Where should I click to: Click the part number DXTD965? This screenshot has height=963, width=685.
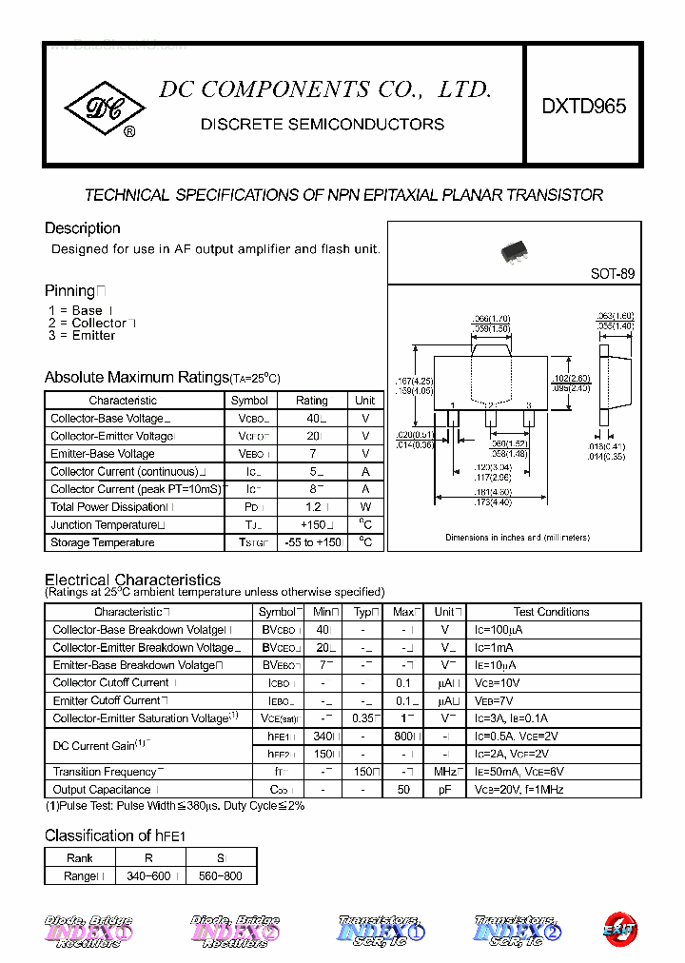(584, 107)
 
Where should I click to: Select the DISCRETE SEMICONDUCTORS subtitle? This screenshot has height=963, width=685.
(323, 124)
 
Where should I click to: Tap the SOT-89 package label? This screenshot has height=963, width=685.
(612, 273)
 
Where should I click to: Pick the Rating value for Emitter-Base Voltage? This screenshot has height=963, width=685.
(312, 454)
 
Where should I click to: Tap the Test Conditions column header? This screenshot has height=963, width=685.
(551, 612)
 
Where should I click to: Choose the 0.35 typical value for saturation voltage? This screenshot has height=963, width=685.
(362, 718)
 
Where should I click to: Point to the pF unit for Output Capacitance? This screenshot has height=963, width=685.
(444, 790)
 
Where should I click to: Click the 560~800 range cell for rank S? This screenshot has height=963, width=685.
(221, 875)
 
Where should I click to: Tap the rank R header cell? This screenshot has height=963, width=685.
(148, 857)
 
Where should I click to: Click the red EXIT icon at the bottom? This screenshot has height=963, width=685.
(619, 929)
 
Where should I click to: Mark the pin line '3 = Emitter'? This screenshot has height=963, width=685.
(82, 336)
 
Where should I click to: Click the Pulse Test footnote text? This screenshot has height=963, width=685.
(175, 806)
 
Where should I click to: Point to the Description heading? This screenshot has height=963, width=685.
(83, 228)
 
